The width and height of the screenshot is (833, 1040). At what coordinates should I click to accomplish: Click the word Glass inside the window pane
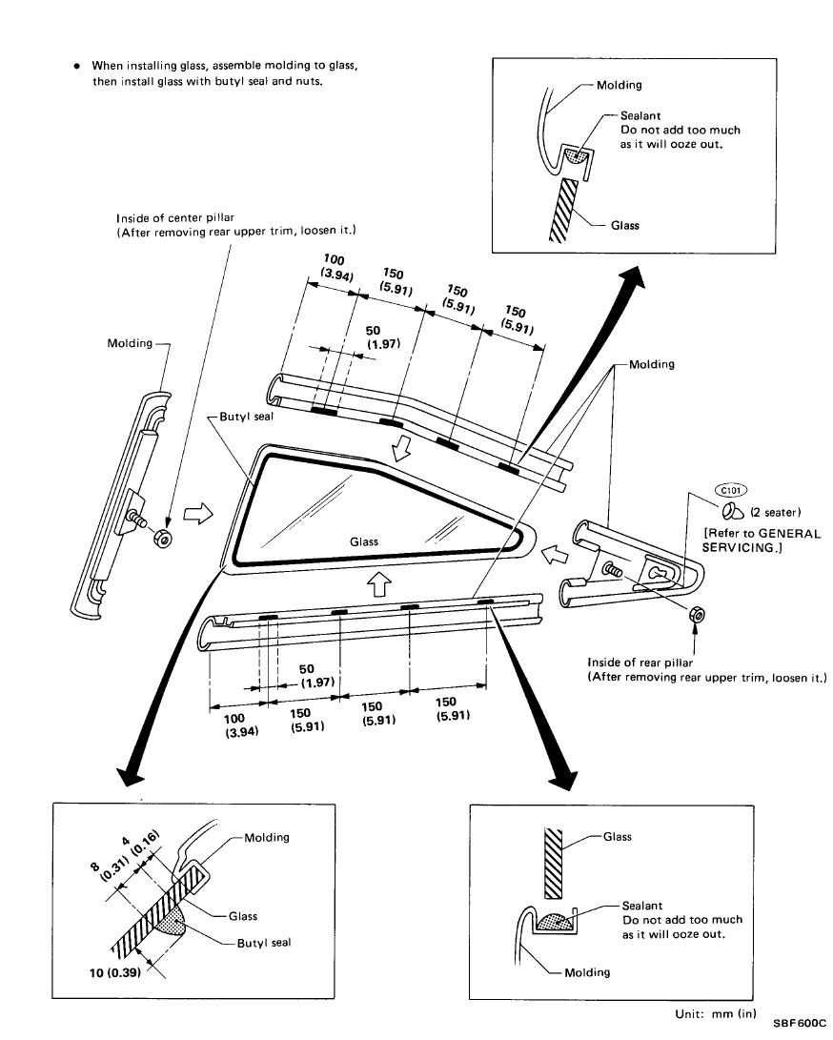[364, 541]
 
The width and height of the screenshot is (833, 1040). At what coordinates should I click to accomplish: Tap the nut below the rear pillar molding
[695, 617]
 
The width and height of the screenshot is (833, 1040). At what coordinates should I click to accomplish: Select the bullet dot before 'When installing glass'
[76, 66]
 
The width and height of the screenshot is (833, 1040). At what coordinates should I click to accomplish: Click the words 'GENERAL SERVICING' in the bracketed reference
[763, 540]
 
